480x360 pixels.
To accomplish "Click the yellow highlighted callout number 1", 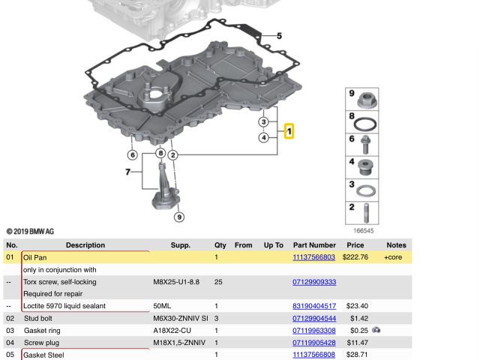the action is [289, 131].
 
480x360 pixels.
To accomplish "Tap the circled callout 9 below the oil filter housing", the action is [179, 217].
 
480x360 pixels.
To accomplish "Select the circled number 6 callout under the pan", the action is [133, 155].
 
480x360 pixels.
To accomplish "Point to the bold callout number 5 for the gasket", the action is [279, 36].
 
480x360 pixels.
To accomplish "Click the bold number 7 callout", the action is [128, 172].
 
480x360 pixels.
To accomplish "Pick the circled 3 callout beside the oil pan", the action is [264, 121].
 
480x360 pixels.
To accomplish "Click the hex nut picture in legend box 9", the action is [367, 100].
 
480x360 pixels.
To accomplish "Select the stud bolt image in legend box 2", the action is [366, 213].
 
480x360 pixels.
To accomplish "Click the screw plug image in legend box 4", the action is [365, 167].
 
